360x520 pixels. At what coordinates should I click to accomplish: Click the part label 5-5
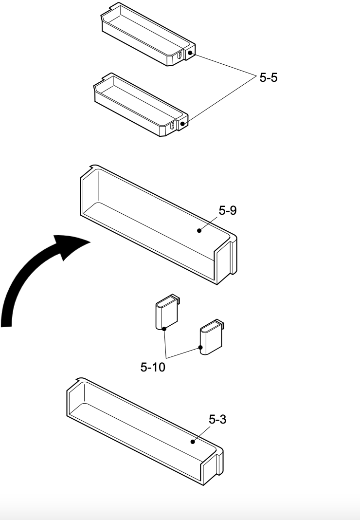(268, 78)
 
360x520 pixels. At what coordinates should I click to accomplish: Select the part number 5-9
(228, 210)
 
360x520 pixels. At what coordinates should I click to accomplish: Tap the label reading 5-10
(153, 367)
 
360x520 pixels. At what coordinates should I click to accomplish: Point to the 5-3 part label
(217, 419)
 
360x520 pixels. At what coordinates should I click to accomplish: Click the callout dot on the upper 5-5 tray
(191, 53)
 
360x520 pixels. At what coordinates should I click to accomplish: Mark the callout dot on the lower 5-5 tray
(182, 124)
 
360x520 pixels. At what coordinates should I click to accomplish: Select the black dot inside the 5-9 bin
(199, 231)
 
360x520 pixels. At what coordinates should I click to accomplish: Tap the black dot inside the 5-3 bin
(193, 442)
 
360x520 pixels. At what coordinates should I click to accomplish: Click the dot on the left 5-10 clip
(164, 329)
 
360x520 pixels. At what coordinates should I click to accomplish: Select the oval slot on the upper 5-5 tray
(180, 56)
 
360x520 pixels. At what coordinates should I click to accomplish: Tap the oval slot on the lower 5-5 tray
(172, 127)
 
